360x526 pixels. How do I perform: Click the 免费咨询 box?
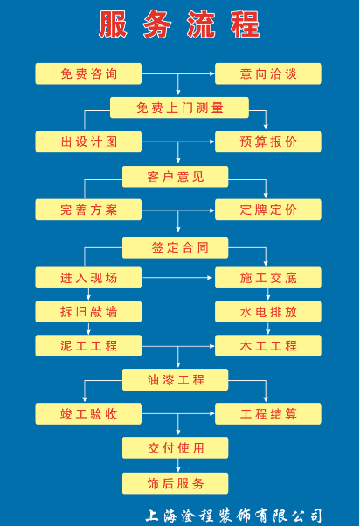click(88, 73)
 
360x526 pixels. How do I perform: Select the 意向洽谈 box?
click(268, 73)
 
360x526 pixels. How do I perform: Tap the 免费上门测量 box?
click(179, 107)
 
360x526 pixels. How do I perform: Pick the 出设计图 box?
click(88, 142)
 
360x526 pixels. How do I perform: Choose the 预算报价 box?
click(268, 142)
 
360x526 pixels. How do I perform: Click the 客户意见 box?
click(175, 176)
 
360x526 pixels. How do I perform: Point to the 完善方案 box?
click(88, 210)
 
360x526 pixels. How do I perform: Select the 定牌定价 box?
click(268, 210)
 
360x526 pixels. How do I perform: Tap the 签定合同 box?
click(175, 247)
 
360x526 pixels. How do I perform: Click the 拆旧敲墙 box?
click(88, 312)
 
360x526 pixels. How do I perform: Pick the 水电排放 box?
click(268, 312)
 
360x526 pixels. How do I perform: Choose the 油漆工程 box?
click(175, 380)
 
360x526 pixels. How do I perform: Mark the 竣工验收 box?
click(88, 414)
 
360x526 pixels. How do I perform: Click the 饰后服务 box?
click(175, 483)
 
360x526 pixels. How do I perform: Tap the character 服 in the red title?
click(113, 24)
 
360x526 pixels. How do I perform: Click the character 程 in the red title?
click(246, 24)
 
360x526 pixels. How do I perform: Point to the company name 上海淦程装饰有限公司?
click(234, 516)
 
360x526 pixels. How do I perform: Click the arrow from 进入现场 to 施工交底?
click(177, 278)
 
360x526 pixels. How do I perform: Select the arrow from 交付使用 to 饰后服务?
click(178, 466)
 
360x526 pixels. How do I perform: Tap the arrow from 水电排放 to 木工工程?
click(267, 329)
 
